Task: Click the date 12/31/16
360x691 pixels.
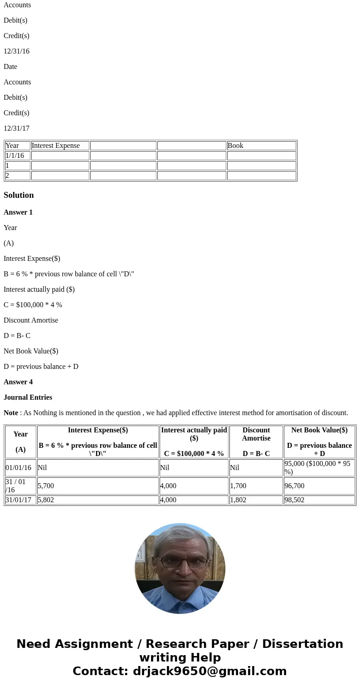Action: (x=16, y=51)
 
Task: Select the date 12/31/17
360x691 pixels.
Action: (x=16, y=128)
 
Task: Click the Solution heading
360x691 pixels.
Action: (x=19, y=195)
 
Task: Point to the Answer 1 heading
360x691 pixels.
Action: (x=18, y=212)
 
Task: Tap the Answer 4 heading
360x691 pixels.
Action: (x=18, y=382)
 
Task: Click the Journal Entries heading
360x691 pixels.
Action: (x=28, y=397)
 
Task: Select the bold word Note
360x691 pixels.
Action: (x=11, y=413)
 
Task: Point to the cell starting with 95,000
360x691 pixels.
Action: (x=319, y=468)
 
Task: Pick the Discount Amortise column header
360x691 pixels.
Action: (x=256, y=434)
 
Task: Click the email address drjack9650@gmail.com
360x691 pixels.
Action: (x=209, y=671)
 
